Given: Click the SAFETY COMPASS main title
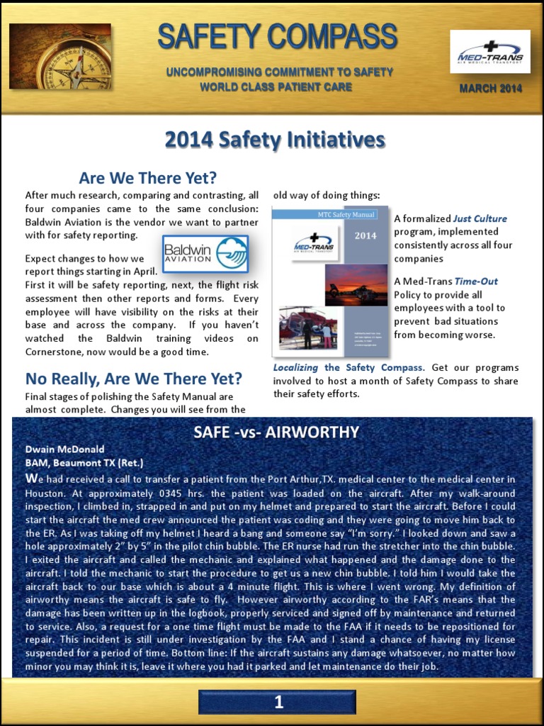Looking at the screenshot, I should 277,37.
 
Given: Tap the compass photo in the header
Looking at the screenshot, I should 60,56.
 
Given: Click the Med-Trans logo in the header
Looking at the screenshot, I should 490,52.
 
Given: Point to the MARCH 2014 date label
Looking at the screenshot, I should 490,89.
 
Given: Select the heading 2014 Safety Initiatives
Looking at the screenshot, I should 275,140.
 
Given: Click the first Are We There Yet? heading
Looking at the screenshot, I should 147,177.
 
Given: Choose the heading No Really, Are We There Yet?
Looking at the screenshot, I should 134,378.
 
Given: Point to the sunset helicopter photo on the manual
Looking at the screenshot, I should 356,285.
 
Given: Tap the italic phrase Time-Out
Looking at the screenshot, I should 476,281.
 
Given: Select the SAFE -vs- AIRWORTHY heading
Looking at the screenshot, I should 276,432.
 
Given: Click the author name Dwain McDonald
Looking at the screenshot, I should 64,449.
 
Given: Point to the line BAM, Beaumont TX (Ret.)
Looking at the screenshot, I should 84,462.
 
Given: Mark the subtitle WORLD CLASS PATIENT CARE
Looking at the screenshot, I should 276,87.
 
